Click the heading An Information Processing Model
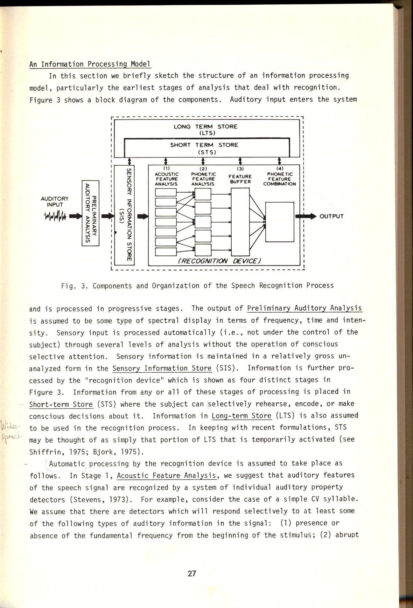click(90, 64)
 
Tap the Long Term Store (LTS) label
click(206, 129)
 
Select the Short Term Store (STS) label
click(204, 148)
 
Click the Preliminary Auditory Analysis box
click(90, 213)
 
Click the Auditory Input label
click(55, 202)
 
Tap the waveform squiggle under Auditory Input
click(55, 217)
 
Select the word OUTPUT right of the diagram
click(332, 217)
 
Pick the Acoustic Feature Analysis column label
click(166, 179)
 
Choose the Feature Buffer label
click(240, 179)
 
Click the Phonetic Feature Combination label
click(279, 179)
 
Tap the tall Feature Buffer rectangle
click(240, 222)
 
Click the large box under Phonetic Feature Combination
click(280, 222)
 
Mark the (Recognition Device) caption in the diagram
click(219, 261)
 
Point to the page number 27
click(192, 573)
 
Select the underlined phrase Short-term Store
click(61, 404)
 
